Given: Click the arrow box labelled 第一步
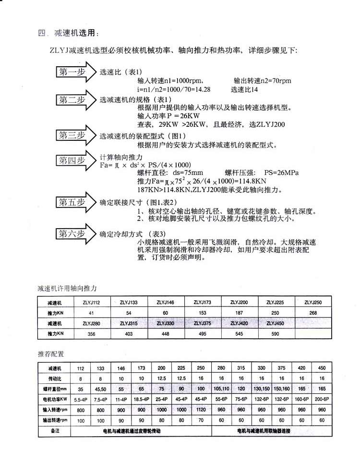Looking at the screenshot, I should point(72,73).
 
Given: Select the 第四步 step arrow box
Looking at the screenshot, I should point(72,160).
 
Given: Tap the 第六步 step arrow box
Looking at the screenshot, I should point(72,234).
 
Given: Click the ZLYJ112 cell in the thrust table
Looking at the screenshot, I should point(91,302).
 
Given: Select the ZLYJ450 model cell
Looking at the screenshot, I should point(274,323).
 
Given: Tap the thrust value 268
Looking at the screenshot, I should point(313,313).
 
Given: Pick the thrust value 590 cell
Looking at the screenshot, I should point(274,333).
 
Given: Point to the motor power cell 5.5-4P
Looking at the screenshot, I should point(80,399).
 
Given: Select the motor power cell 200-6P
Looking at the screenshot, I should point(322,399).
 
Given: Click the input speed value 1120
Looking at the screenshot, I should point(201,410).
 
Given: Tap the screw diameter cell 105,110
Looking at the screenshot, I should point(221,389).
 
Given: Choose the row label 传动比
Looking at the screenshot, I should point(54,378).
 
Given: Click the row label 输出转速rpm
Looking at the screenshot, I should point(54,420).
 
